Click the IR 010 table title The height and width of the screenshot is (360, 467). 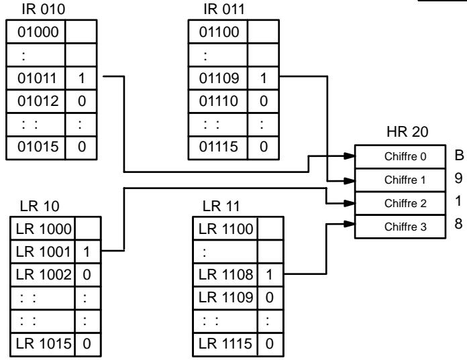[44, 9]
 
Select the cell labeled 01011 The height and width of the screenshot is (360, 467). [36, 78]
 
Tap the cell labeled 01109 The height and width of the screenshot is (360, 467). [217, 78]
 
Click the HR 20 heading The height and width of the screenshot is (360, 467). [407, 132]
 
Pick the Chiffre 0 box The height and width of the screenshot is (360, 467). [401, 156]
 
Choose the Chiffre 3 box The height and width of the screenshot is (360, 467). [401, 227]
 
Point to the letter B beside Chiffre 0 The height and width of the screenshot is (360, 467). [459, 156]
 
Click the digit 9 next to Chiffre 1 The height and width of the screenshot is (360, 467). [459, 178]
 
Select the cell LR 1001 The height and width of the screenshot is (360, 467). [42, 251]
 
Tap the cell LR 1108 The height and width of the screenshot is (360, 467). [225, 274]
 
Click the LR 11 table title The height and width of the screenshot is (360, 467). [221, 206]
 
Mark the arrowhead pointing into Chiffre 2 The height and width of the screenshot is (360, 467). [350, 204]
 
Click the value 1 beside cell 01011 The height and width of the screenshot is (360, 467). [82, 78]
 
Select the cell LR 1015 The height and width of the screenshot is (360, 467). [42, 344]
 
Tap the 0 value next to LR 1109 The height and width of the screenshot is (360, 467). [269, 298]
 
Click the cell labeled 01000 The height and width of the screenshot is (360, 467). [36, 32]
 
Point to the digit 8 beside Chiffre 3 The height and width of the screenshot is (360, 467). [459, 224]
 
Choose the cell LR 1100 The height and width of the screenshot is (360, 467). [225, 229]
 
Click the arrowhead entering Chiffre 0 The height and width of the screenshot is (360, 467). [350, 156]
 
